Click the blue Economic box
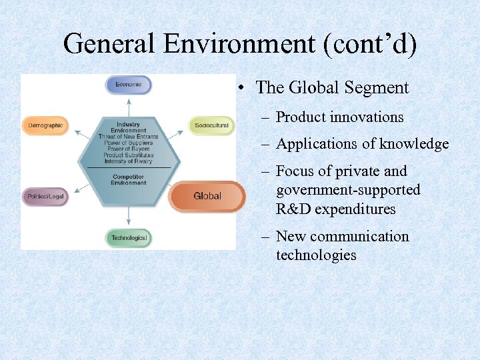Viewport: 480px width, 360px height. tap(128, 85)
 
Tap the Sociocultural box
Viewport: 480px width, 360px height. tap(211, 125)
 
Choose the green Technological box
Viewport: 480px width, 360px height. tap(129, 238)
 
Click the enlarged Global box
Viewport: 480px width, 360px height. tap(207, 196)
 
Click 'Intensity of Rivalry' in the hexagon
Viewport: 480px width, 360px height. tap(128, 161)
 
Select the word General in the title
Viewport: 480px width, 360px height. tap(111, 45)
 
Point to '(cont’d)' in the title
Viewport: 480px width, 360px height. tap(370, 45)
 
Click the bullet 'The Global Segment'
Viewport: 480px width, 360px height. tap(332, 87)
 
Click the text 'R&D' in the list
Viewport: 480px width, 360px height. tap(293, 209)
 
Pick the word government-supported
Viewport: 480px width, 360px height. tap(348, 190)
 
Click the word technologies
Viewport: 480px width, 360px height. tap(316, 255)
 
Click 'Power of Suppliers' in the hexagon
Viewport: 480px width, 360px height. tap(128, 143)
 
